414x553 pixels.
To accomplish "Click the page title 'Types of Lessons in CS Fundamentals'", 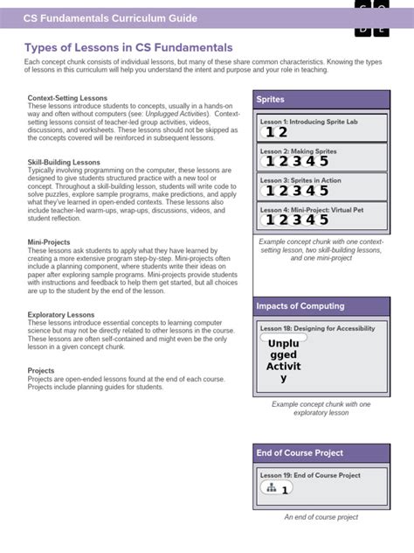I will click(x=128, y=47).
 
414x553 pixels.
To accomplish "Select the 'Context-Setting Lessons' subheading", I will click(x=67, y=98).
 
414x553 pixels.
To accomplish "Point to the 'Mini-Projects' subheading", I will click(x=49, y=241).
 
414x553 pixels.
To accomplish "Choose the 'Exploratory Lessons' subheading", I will click(x=61, y=313).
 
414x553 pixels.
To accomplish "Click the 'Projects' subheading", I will click(x=41, y=371).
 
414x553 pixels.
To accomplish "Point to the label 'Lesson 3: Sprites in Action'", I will click(x=301, y=179).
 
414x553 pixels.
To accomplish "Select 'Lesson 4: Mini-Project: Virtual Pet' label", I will click(x=310, y=208).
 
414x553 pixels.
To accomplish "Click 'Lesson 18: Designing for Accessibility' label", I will click(x=317, y=328).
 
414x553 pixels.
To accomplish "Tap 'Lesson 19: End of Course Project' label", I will click(x=310, y=475).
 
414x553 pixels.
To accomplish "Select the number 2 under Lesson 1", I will click(x=283, y=132).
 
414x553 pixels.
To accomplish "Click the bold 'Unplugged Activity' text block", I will click(x=283, y=360).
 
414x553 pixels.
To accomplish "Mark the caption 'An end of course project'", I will click(x=321, y=517).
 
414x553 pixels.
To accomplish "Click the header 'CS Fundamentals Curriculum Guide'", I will click(x=109, y=17).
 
